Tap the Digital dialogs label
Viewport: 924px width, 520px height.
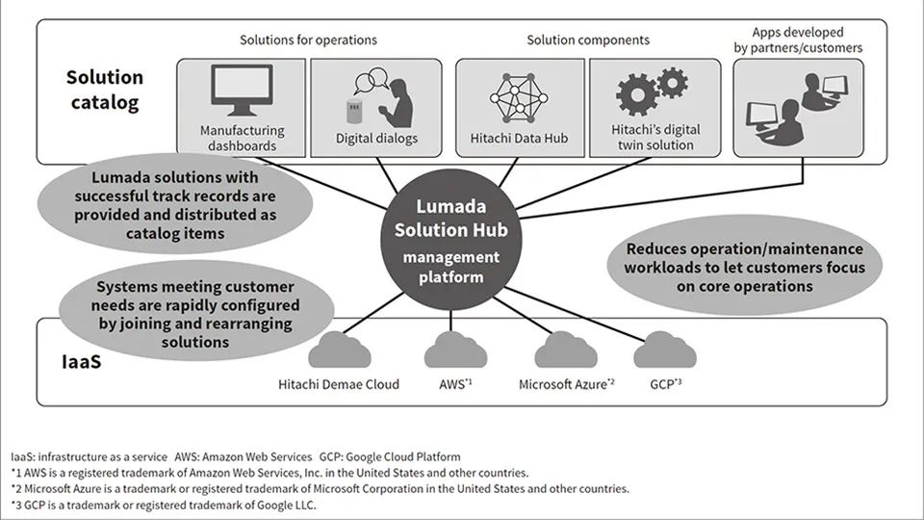[x=376, y=139]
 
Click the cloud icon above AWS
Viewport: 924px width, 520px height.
[x=451, y=349]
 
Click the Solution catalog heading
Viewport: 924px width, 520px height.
[x=105, y=89]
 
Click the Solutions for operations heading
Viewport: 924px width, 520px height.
[x=308, y=40]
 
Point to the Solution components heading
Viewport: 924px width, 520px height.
[x=587, y=40]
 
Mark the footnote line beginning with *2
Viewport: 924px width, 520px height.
[x=320, y=488]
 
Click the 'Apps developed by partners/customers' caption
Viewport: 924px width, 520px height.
[x=808, y=39]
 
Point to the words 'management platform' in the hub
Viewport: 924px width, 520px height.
[x=450, y=267]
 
